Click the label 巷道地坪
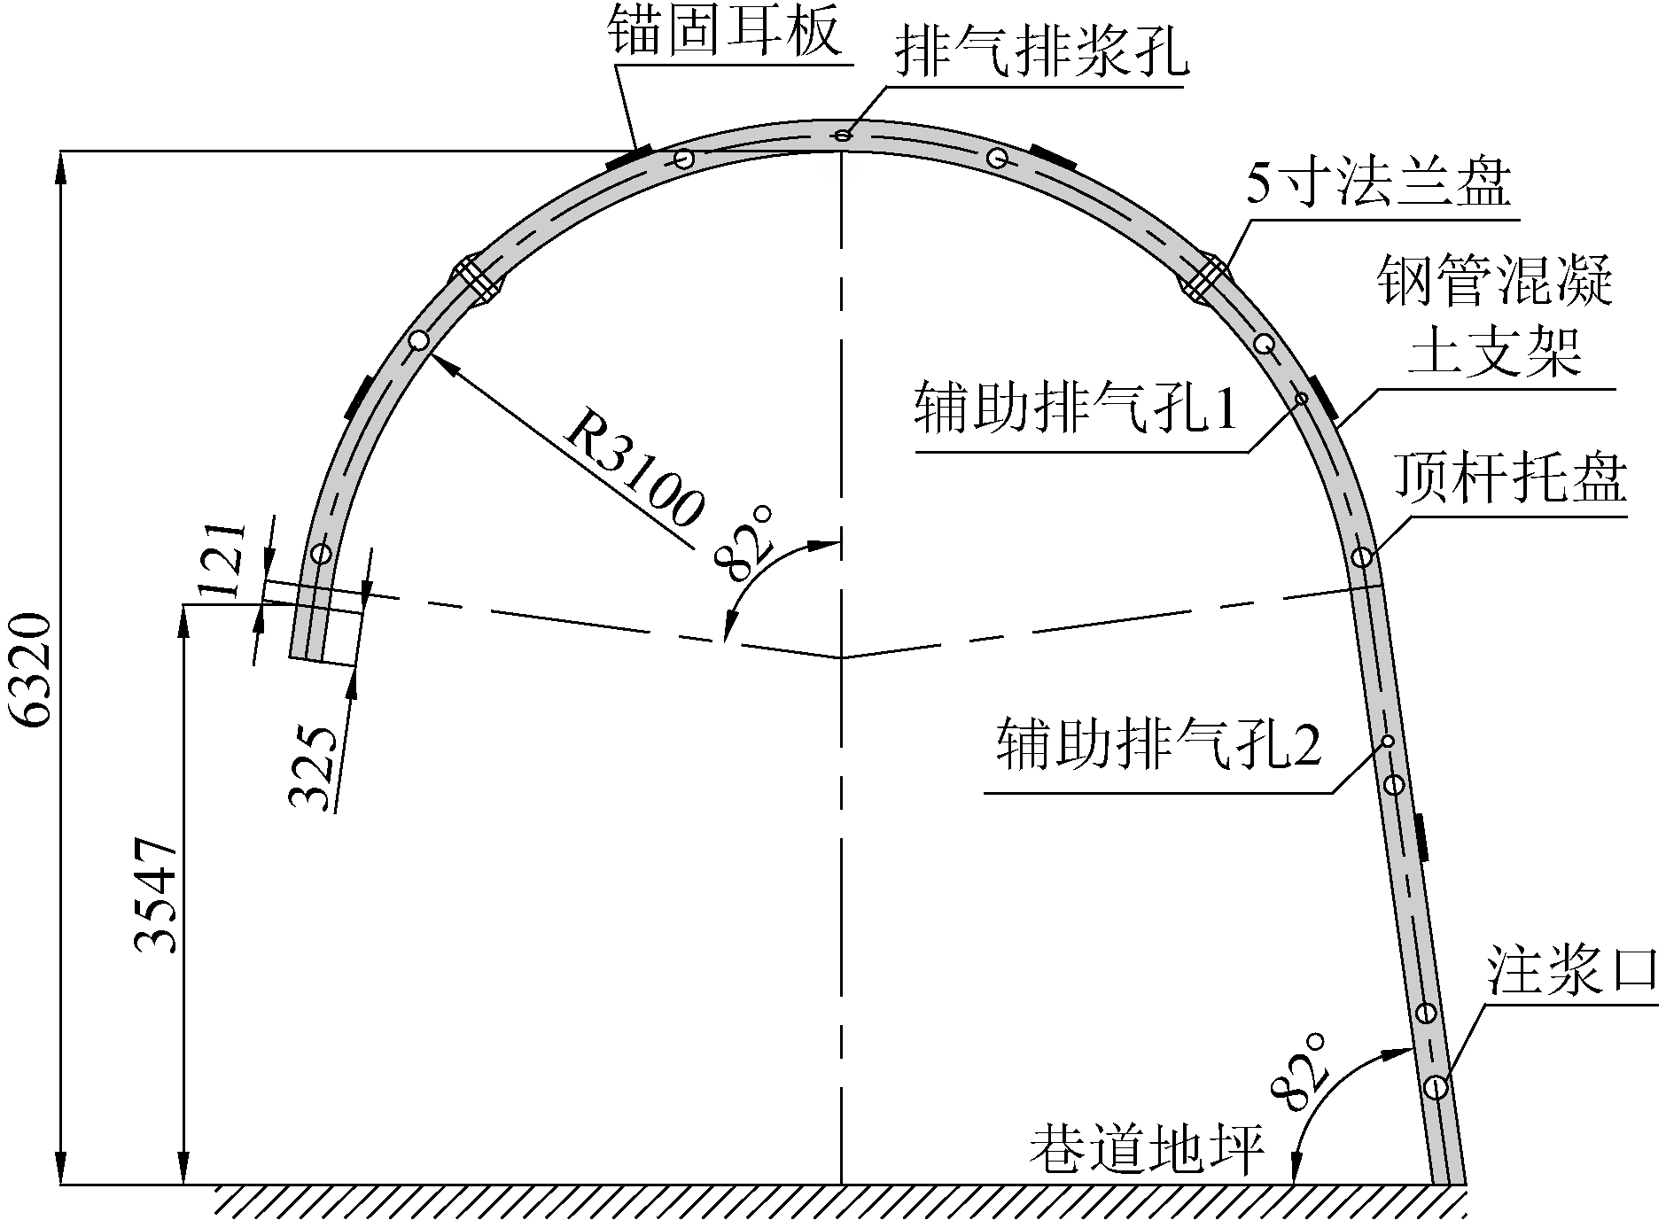point(1146,1150)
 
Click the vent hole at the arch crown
point(843,135)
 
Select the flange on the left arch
point(479,279)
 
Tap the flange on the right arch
point(1204,279)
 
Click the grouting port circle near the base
point(1436,1086)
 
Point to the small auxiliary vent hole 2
point(1389,741)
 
